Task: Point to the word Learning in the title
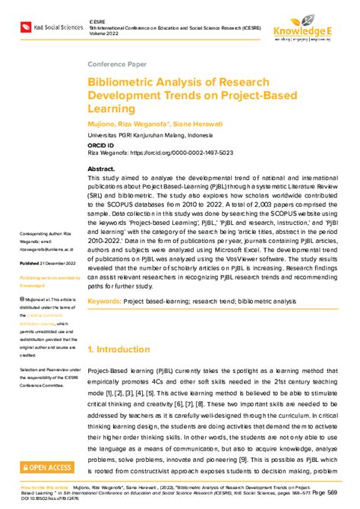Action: coord(112,109)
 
